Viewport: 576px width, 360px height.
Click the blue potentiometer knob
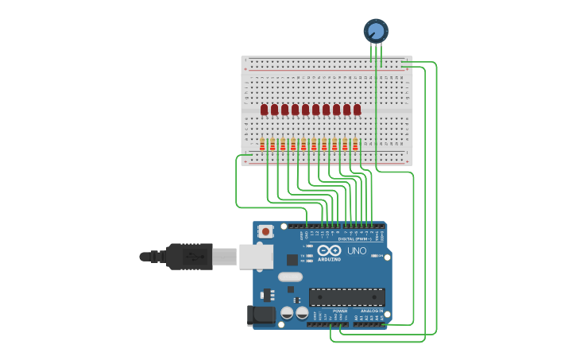click(376, 31)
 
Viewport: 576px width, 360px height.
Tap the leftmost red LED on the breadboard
click(265, 110)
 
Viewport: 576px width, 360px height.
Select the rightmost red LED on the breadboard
click(358, 110)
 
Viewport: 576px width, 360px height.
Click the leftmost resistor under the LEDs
click(262, 145)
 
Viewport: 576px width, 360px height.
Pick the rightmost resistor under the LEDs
click(355, 145)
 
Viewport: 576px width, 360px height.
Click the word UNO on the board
click(357, 251)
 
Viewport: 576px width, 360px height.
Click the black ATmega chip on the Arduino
click(347, 297)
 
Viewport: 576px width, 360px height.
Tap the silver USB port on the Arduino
click(256, 257)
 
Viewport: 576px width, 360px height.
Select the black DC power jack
click(261, 315)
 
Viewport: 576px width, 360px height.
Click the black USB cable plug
click(189, 257)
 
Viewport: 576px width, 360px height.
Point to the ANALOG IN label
click(373, 311)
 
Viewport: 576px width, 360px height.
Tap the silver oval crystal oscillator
click(290, 277)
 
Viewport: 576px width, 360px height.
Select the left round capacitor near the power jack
click(288, 314)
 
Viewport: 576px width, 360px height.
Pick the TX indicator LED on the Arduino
click(309, 255)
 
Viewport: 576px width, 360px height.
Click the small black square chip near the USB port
click(292, 259)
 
